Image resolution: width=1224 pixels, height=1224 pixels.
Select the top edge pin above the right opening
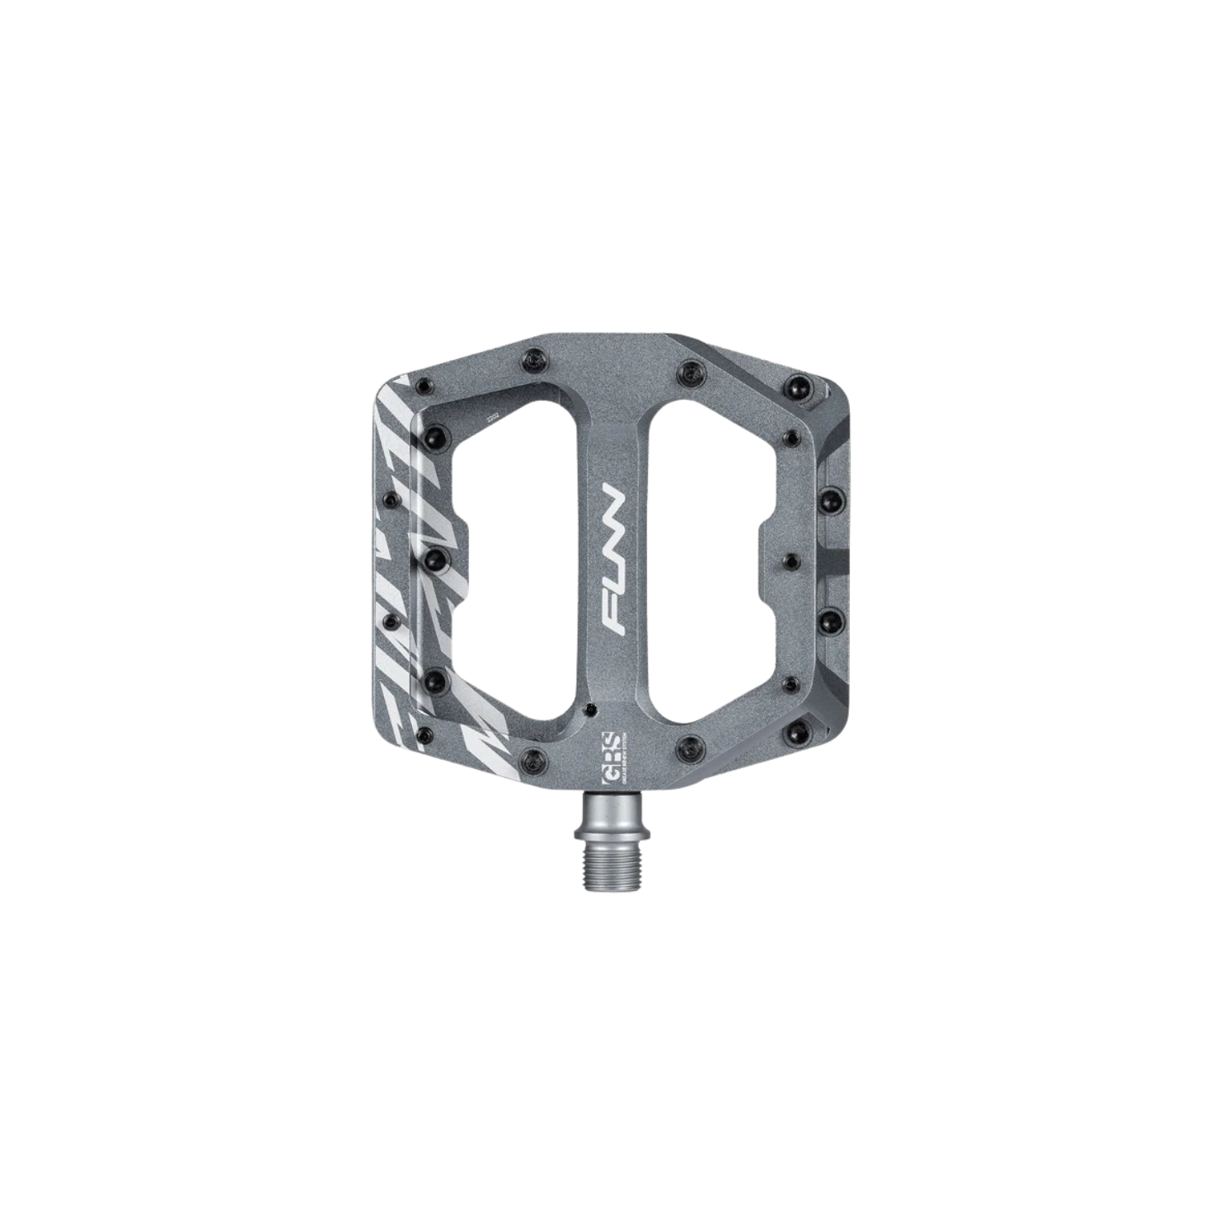coord(686,369)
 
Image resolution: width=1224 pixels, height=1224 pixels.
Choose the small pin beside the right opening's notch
coord(790,560)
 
